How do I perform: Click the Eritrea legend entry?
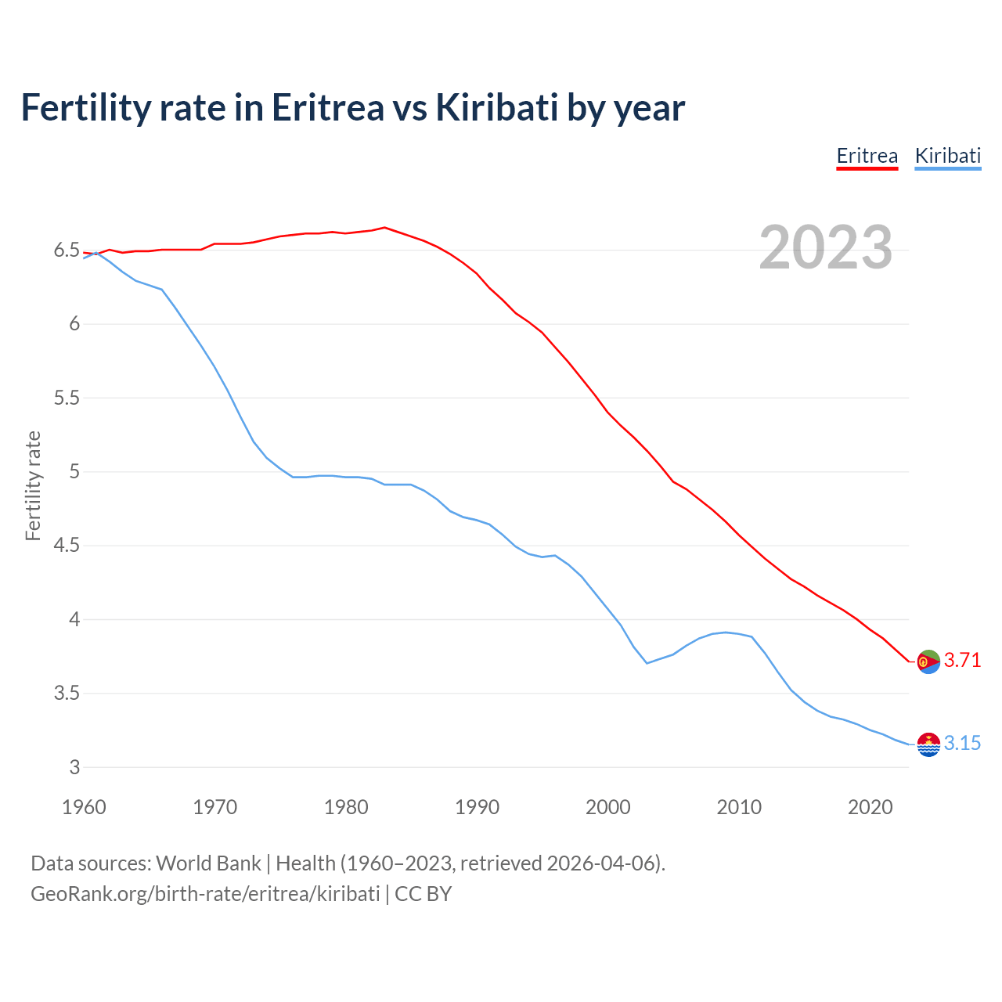click(x=867, y=156)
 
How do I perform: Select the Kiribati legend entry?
click(x=947, y=156)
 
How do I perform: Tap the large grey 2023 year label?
click(x=825, y=247)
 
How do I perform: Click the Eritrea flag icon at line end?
click(x=928, y=661)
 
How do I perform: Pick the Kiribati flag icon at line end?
click(x=928, y=744)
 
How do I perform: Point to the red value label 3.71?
click(x=962, y=661)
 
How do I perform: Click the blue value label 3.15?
click(x=962, y=744)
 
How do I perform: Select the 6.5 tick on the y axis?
click(x=67, y=250)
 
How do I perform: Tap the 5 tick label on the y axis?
click(x=74, y=472)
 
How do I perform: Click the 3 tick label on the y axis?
click(x=74, y=768)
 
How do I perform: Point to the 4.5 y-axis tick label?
click(x=67, y=546)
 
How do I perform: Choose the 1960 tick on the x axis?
click(x=84, y=807)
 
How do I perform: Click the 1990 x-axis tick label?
click(x=477, y=807)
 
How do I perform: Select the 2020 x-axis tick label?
click(x=870, y=807)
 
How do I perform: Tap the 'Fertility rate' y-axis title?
click(x=33, y=485)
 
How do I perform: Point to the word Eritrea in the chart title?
click(x=328, y=107)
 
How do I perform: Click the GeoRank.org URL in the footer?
click(x=205, y=894)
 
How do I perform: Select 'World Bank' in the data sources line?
click(x=208, y=863)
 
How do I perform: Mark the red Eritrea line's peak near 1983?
click(x=384, y=228)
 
